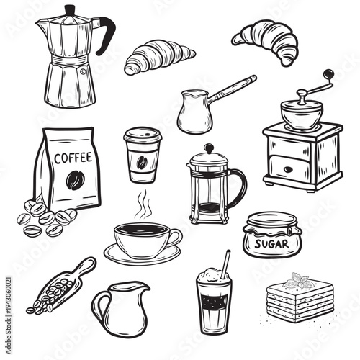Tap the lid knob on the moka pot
pyautogui.click(x=70, y=9)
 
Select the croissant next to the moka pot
pyautogui.click(x=158, y=56)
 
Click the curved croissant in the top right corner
pyautogui.click(x=266, y=40)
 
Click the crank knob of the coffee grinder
pyautogui.click(x=328, y=74)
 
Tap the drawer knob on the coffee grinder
pyautogui.click(x=288, y=170)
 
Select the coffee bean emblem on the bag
pyautogui.click(x=75, y=179)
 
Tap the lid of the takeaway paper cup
pyautogui.click(x=142, y=135)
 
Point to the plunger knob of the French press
pyautogui.click(x=208, y=148)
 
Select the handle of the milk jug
pyautogui.click(x=98, y=307)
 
